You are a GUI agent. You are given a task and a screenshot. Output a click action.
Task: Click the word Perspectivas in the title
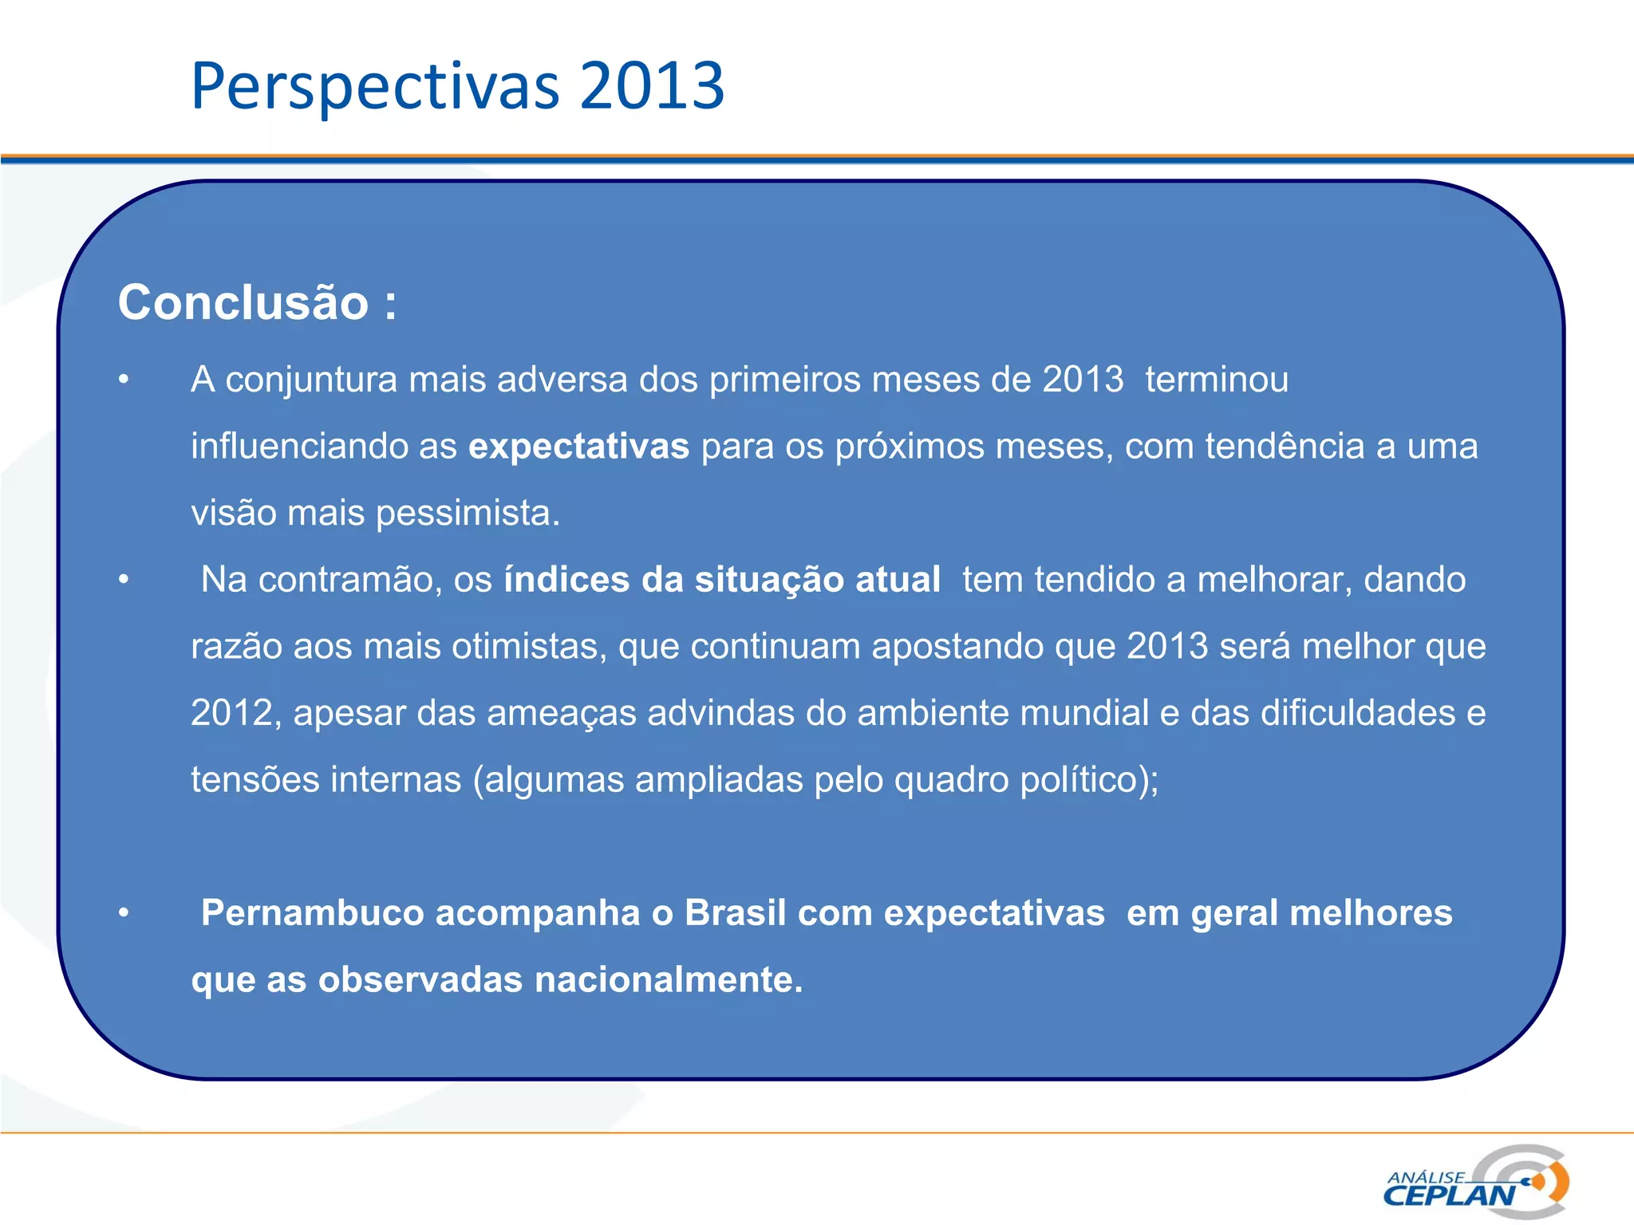(375, 86)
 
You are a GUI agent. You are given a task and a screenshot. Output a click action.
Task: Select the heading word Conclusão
(243, 302)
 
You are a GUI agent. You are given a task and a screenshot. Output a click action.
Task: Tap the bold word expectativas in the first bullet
(578, 446)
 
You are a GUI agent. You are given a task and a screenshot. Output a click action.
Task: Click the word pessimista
(468, 513)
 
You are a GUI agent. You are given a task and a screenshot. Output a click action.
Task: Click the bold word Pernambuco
(312, 912)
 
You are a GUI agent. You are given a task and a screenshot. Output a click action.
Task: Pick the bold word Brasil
(735, 912)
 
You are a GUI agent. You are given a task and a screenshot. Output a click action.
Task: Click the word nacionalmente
(669, 979)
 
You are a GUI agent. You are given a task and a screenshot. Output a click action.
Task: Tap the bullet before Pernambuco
(124, 913)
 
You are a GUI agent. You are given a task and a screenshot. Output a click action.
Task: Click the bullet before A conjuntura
(124, 380)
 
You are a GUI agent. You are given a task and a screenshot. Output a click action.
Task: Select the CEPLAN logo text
(1449, 1195)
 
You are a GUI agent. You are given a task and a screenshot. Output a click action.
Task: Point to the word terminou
(1217, 380)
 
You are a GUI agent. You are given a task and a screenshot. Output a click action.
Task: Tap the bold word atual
(898, 579)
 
